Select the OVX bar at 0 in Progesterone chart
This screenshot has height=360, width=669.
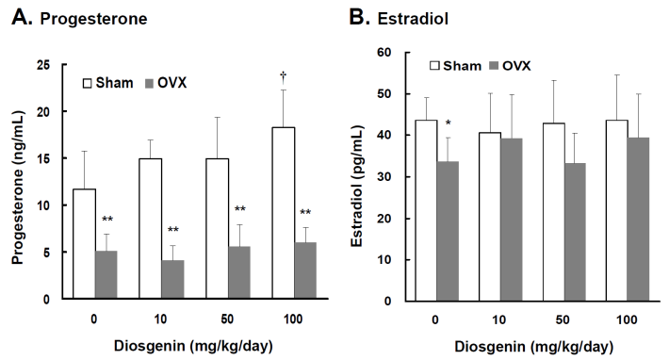(x=107, y=274)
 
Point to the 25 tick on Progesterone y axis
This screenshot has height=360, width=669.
(x=42, y=65)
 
